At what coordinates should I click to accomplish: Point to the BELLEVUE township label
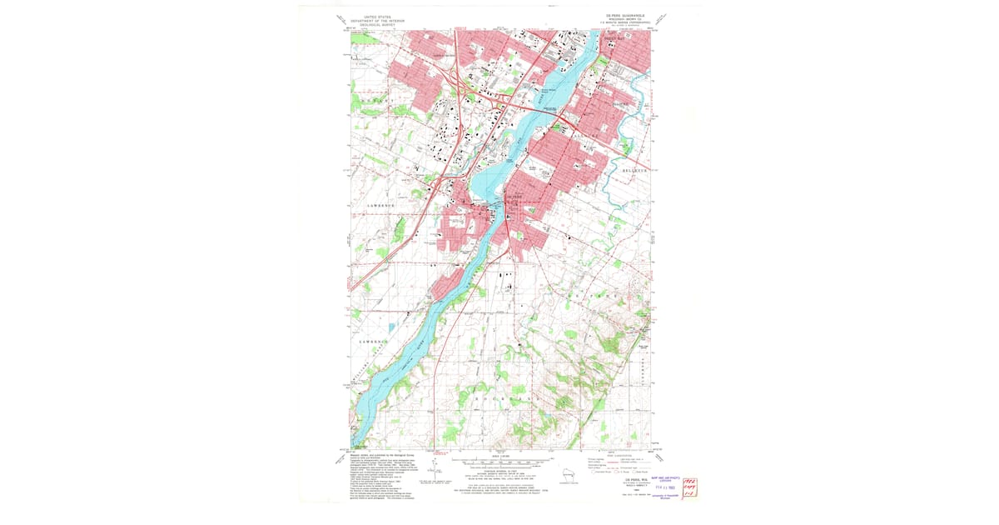point(639,170)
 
